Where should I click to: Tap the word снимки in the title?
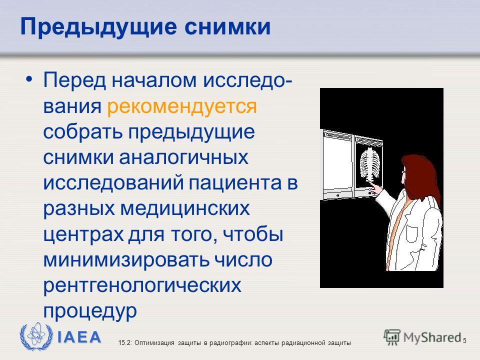click(227, 27)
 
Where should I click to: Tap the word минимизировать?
click(126, 260)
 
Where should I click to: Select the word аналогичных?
click(183, 157)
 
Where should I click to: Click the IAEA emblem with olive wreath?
click(36, 336)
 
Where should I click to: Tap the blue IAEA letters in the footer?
click(79, 337)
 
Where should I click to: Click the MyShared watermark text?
click(432, 337)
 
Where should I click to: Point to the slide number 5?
click(464, 340)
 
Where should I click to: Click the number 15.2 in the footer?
click(124, 343)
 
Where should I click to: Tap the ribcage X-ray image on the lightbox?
click(369, 164)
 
